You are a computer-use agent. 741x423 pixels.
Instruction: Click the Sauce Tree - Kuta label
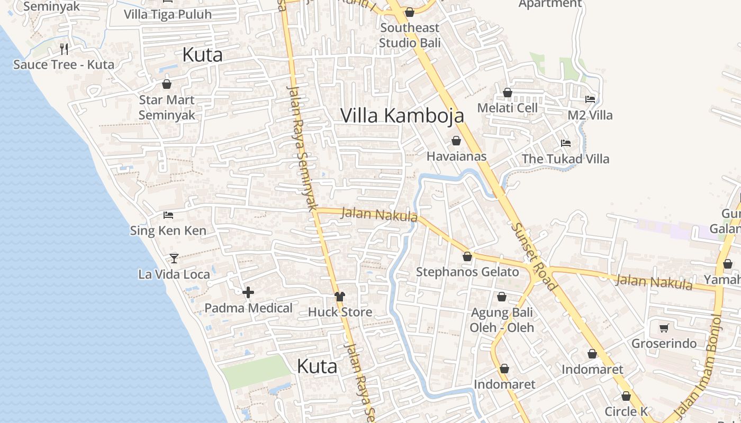coord(64,65)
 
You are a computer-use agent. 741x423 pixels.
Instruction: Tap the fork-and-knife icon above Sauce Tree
coord(64,49)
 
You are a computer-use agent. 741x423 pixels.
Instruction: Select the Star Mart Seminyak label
coord(167,107)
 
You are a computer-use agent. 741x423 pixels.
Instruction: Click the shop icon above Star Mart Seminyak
coord(167,84)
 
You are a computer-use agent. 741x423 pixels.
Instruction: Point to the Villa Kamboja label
coord(402,115)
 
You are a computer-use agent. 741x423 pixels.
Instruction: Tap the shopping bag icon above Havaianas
coord(456,141)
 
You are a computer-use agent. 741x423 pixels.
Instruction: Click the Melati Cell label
coord(507,108)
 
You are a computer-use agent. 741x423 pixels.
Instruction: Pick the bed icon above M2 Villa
coord(590,99)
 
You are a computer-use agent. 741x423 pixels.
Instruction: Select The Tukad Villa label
coord(565,159)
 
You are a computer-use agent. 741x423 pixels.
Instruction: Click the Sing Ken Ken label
coord(168,231)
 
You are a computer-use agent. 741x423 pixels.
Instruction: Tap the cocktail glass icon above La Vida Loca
coord(174,259)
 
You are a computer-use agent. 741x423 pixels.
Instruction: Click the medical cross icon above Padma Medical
coord(248,292)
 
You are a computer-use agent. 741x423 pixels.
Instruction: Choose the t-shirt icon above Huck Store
coord(340,297)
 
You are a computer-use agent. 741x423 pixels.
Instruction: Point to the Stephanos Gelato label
coord(467,272)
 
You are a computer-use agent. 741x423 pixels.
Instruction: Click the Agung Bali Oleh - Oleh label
coord(502,320)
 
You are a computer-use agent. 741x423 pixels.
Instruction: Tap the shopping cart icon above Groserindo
coord(664,328)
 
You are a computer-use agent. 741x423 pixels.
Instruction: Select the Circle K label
coord(626,411)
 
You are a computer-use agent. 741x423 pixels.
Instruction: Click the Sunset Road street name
coord(534,256)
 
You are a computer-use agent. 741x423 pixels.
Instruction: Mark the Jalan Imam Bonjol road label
coord(698,365)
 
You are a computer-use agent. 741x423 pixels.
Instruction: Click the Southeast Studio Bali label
coord(410,35)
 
